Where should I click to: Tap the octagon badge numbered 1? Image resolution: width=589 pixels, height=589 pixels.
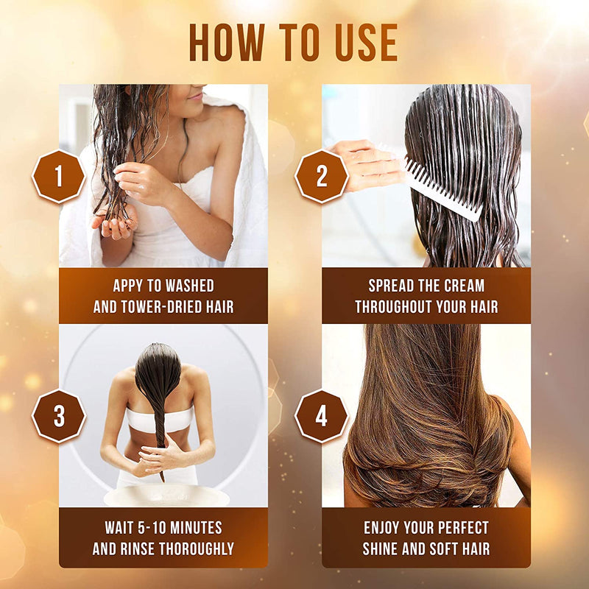click(x=59, y=176)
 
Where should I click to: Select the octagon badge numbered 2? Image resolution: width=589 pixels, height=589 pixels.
click(x=322, y=176)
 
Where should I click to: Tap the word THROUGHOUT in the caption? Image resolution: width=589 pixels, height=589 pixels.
click(x=394, y=306)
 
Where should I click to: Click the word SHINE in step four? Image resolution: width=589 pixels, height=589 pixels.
click(x=387, y=549)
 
